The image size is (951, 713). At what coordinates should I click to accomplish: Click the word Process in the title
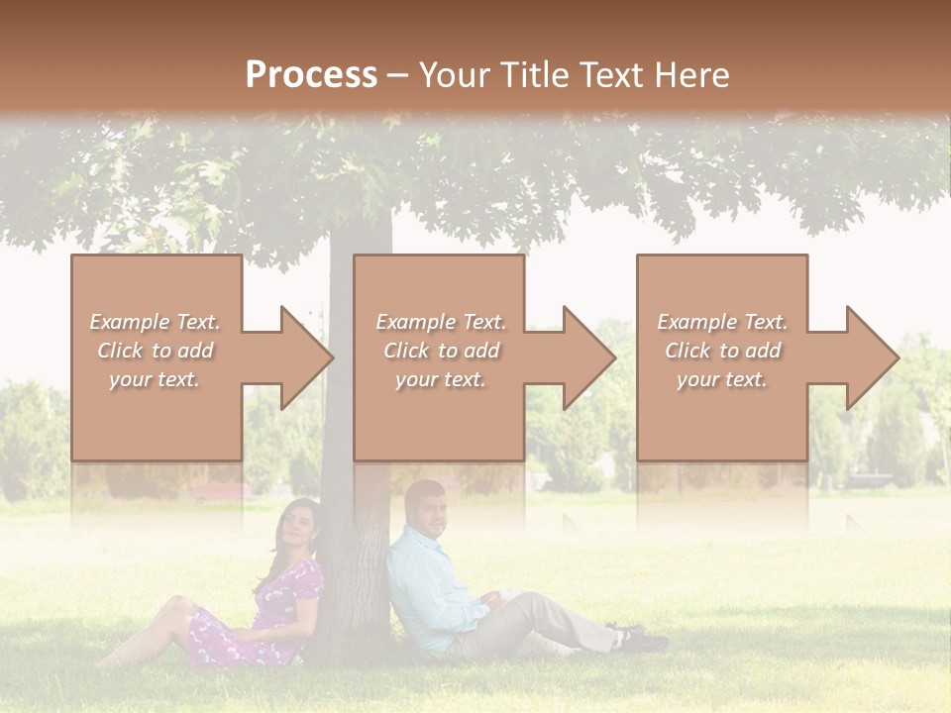[x=311, y=74]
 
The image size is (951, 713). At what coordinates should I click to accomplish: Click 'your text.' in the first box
[x=155, y=379]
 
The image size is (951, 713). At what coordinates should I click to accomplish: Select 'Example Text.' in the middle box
[x=440, y=322]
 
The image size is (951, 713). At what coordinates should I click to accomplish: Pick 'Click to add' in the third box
[x=722, y=351]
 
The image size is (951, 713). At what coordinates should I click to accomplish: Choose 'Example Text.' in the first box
[x=155, y=322]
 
